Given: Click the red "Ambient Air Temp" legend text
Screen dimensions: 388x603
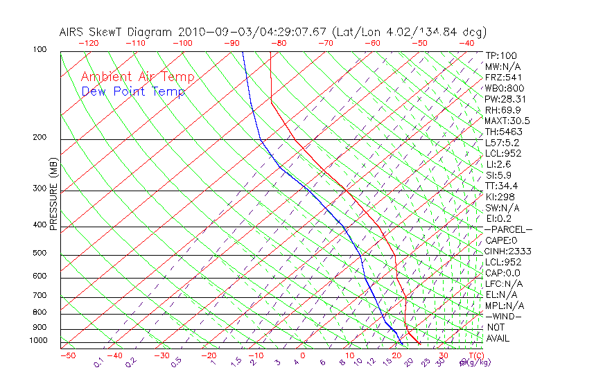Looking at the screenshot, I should (137, 77).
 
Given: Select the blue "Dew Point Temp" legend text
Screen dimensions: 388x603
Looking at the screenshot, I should (132, 91).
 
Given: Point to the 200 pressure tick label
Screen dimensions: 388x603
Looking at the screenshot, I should (40, 138).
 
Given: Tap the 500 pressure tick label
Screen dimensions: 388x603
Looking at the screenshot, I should (40, 254).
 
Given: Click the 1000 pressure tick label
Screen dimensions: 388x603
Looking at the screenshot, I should (38, 341).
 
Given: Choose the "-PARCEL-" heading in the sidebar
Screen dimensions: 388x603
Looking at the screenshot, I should (508, 229).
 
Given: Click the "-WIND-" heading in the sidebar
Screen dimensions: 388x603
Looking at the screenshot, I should (504, 316).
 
